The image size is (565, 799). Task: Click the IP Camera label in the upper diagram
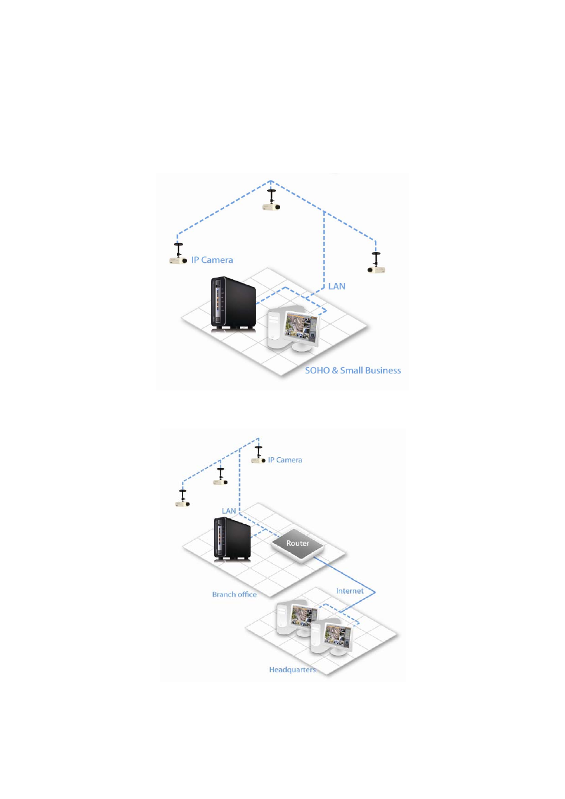click(211, 260)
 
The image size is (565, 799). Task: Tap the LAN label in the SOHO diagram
click(336, 286)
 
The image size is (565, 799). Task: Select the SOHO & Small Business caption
click(352, 370)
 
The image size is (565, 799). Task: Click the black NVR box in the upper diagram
click(233, 303)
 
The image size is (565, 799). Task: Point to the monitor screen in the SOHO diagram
click(301, 327)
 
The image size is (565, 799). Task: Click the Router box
click(297, 543)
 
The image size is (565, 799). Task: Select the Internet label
click(349, 591)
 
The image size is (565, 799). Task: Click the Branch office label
click(234, 594)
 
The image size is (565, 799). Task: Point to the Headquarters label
click(292, 669)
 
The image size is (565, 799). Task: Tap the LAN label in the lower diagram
click(229, 511)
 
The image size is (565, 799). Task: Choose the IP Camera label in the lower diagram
click(284, 460)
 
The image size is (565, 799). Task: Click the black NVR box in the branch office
click(232, 539)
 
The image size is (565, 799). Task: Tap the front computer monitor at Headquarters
click(338, 637)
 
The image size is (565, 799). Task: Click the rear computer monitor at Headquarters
click(302, 616)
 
